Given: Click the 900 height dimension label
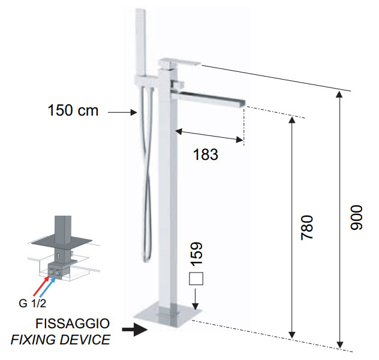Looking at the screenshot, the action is tap(357, 217).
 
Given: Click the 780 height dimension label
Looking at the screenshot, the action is tap(307, 228).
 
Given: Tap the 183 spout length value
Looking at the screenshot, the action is tap(206, 155).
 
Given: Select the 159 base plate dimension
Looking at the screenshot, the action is tap(196, 254).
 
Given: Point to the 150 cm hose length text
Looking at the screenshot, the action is tap(73, 110).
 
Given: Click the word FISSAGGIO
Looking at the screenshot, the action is tap(73, 323).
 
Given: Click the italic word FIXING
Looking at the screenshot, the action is tap(34, 340).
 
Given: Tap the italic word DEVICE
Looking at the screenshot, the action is tap(85, 340).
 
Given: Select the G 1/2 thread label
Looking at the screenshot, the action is tap(32, 303).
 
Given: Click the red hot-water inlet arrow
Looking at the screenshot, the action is tap(41, 286).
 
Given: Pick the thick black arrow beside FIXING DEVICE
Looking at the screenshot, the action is tap(135, 329).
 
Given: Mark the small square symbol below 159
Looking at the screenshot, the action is tap(196, 279).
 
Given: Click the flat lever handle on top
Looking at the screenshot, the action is tap(179, 62).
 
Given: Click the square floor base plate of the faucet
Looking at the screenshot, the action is tap(168, 315).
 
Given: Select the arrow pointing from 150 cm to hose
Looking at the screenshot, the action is tap(122, 112).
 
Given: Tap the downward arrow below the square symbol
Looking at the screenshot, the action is tap(195, 298).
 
